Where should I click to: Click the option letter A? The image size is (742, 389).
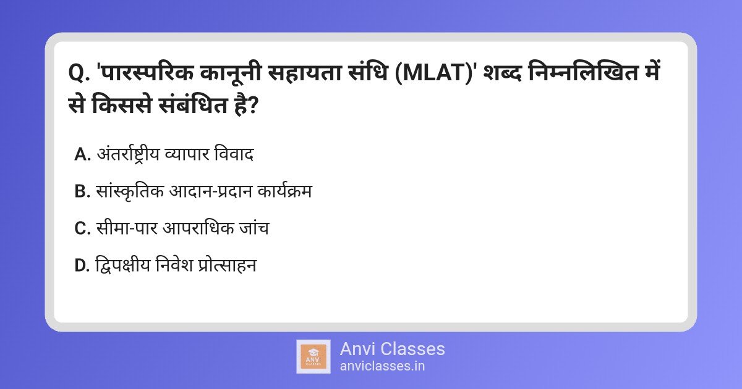(82, 155)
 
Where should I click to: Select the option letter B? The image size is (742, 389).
(82, 192)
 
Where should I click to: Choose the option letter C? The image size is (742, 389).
(82, 228)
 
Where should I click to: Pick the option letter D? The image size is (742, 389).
(82, 266)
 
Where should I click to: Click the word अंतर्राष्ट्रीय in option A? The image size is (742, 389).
(131, 155)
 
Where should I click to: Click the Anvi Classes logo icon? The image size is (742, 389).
(313, 356)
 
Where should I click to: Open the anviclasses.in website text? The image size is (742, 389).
(382, 366)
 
